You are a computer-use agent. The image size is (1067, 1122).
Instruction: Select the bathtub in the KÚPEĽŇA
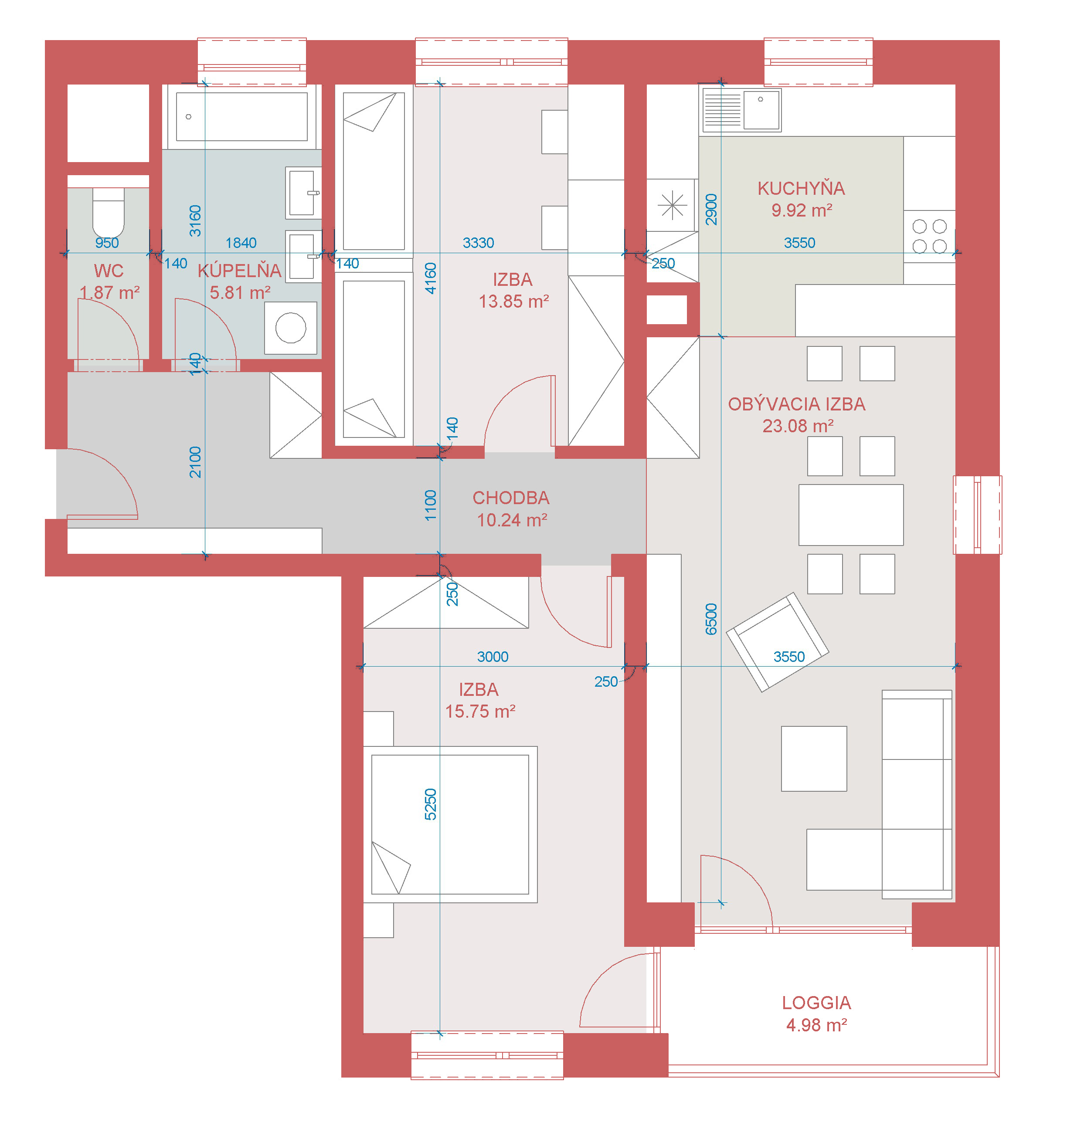pyautogui.click(x=242, y=117)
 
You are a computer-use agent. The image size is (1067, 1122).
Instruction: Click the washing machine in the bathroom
pyautogui.click(x=291, y=328)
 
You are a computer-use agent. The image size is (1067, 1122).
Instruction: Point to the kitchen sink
pyautogui.click(x=742, y=110)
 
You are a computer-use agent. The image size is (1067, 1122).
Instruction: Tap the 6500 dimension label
pyautogui.click(x=711, y=619)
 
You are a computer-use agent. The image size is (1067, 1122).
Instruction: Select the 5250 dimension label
pyautogui.click(x=431, y=804)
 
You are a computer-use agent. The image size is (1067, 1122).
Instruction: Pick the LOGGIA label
pyautogui.click(x=816, y=1003)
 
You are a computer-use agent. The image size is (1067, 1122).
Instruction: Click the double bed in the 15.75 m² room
pyautogui.click(x=450, y=824)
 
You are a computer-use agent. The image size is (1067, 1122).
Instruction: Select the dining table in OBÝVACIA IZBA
pyautogui.click(x=851, y=515)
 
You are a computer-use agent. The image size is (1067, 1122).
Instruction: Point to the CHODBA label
pyautogui.click(x=511, y=498)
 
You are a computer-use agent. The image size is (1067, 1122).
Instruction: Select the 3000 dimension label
pyautogui.click(x=493, y=656)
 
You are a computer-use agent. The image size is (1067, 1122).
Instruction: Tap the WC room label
pyautogui.click(x=108, y=271)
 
